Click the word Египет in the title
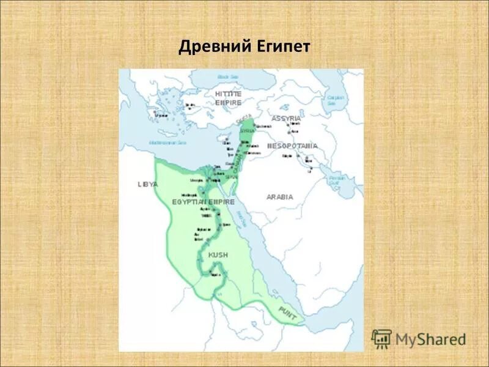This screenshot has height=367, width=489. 281,47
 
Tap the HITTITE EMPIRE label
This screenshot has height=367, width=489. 228,97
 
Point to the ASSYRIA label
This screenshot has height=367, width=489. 287,118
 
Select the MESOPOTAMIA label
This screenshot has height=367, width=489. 292,147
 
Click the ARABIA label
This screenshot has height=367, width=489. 280,197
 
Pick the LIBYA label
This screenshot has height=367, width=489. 148,184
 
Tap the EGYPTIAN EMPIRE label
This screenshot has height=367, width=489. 197,201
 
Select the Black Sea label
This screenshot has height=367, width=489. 227,77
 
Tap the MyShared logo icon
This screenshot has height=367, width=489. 382,338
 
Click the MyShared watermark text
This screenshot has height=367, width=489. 431,339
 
